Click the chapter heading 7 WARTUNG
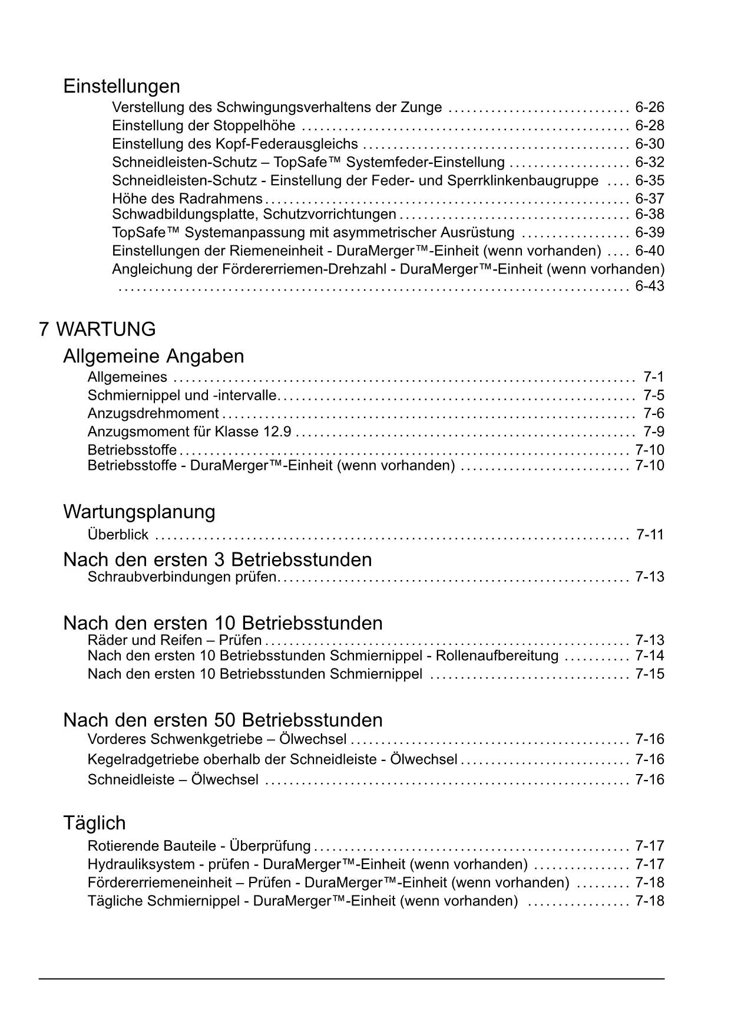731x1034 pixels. (97, 329)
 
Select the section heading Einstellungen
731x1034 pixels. (121, 86)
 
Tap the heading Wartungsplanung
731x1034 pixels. (139, 511)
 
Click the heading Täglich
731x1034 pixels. (94, 822)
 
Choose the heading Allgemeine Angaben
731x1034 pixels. (153, 356)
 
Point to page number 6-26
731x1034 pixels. (649, 107)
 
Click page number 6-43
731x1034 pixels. (649, 287)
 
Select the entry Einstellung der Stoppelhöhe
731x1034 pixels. (203, 126)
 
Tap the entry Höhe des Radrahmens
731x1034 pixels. (187, 199)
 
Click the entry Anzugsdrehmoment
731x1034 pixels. (153, 414)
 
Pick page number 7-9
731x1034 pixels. (653, 432)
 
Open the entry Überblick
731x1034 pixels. (118, 535)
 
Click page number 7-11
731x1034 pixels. (650, 535)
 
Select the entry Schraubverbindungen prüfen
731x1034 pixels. (181, 577)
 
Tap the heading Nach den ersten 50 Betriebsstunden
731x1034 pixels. (223, 720)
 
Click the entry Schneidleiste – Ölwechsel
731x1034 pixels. (173, 780)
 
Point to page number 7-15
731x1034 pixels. (649, 674)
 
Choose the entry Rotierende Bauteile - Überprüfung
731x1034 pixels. (199, 846)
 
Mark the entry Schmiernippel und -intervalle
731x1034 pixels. (182, 395)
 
